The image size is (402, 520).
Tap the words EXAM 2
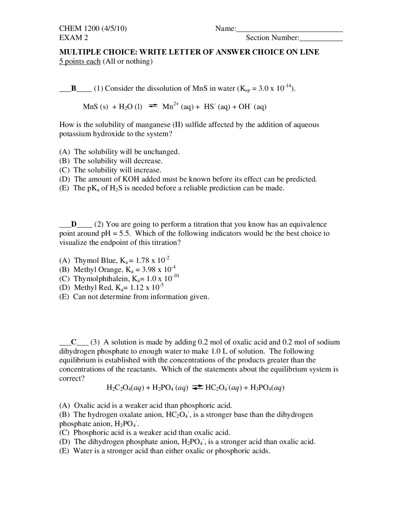coord(73,38)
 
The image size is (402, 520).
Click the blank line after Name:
coord(289,30)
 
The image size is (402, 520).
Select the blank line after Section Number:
coord(321,39)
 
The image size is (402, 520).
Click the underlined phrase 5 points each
coord(80,61)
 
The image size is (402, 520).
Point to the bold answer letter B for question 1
coord(74,88)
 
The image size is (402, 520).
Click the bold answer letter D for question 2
coord(74,224)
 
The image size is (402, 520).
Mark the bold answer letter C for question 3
coord(74,342)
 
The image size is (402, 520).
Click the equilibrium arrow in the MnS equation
coord(152,106)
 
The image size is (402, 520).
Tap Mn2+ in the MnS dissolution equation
coord(170,106)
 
